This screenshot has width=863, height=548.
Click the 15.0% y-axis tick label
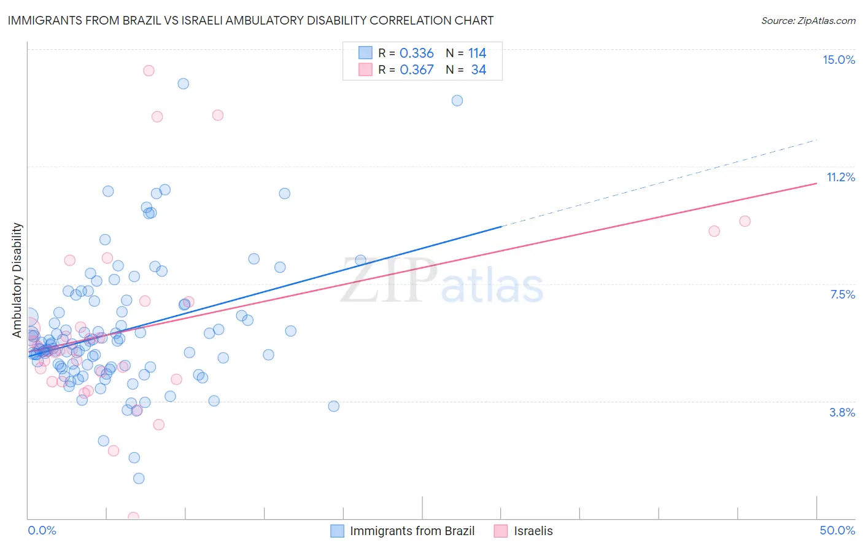point(838,60)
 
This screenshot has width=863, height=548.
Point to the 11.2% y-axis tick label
point(840,177)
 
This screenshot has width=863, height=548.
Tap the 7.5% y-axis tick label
point(842,294)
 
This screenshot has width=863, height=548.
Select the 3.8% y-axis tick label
point(842,412)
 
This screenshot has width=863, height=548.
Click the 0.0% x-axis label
point(42,530)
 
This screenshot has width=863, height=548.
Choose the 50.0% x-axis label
point(837,530)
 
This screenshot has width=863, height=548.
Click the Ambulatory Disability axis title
point(17,280)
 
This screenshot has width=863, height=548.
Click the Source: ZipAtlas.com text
point(808,20)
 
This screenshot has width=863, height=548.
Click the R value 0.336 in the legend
point(416,53)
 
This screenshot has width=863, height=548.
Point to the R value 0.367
point(416,70)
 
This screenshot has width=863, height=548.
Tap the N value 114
point(477,53)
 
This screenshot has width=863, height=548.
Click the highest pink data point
point(149,71)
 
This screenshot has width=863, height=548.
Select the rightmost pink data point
point(745,221)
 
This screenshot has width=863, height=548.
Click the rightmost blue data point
point(457,101)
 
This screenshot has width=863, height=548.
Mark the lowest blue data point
point(139,478)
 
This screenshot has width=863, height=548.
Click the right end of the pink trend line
point(816,183)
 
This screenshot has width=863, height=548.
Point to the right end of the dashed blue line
point(816,140)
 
